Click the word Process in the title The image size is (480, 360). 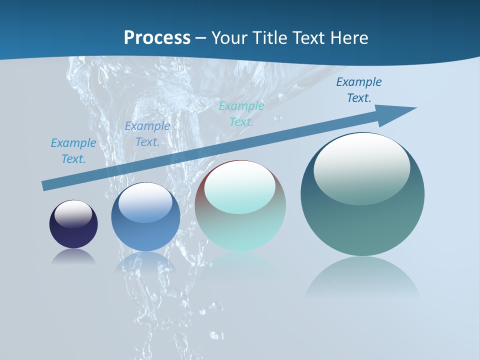tap(157, 38)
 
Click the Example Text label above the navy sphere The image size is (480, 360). tap(73, 151)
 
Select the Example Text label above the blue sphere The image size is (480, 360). tap(147, 134)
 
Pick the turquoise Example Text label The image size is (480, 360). tap(241, 114)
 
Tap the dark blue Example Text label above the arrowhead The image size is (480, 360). tap(359, 90)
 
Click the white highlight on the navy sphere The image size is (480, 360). tap(73, 213)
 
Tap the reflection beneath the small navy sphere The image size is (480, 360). tap(73, 256)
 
